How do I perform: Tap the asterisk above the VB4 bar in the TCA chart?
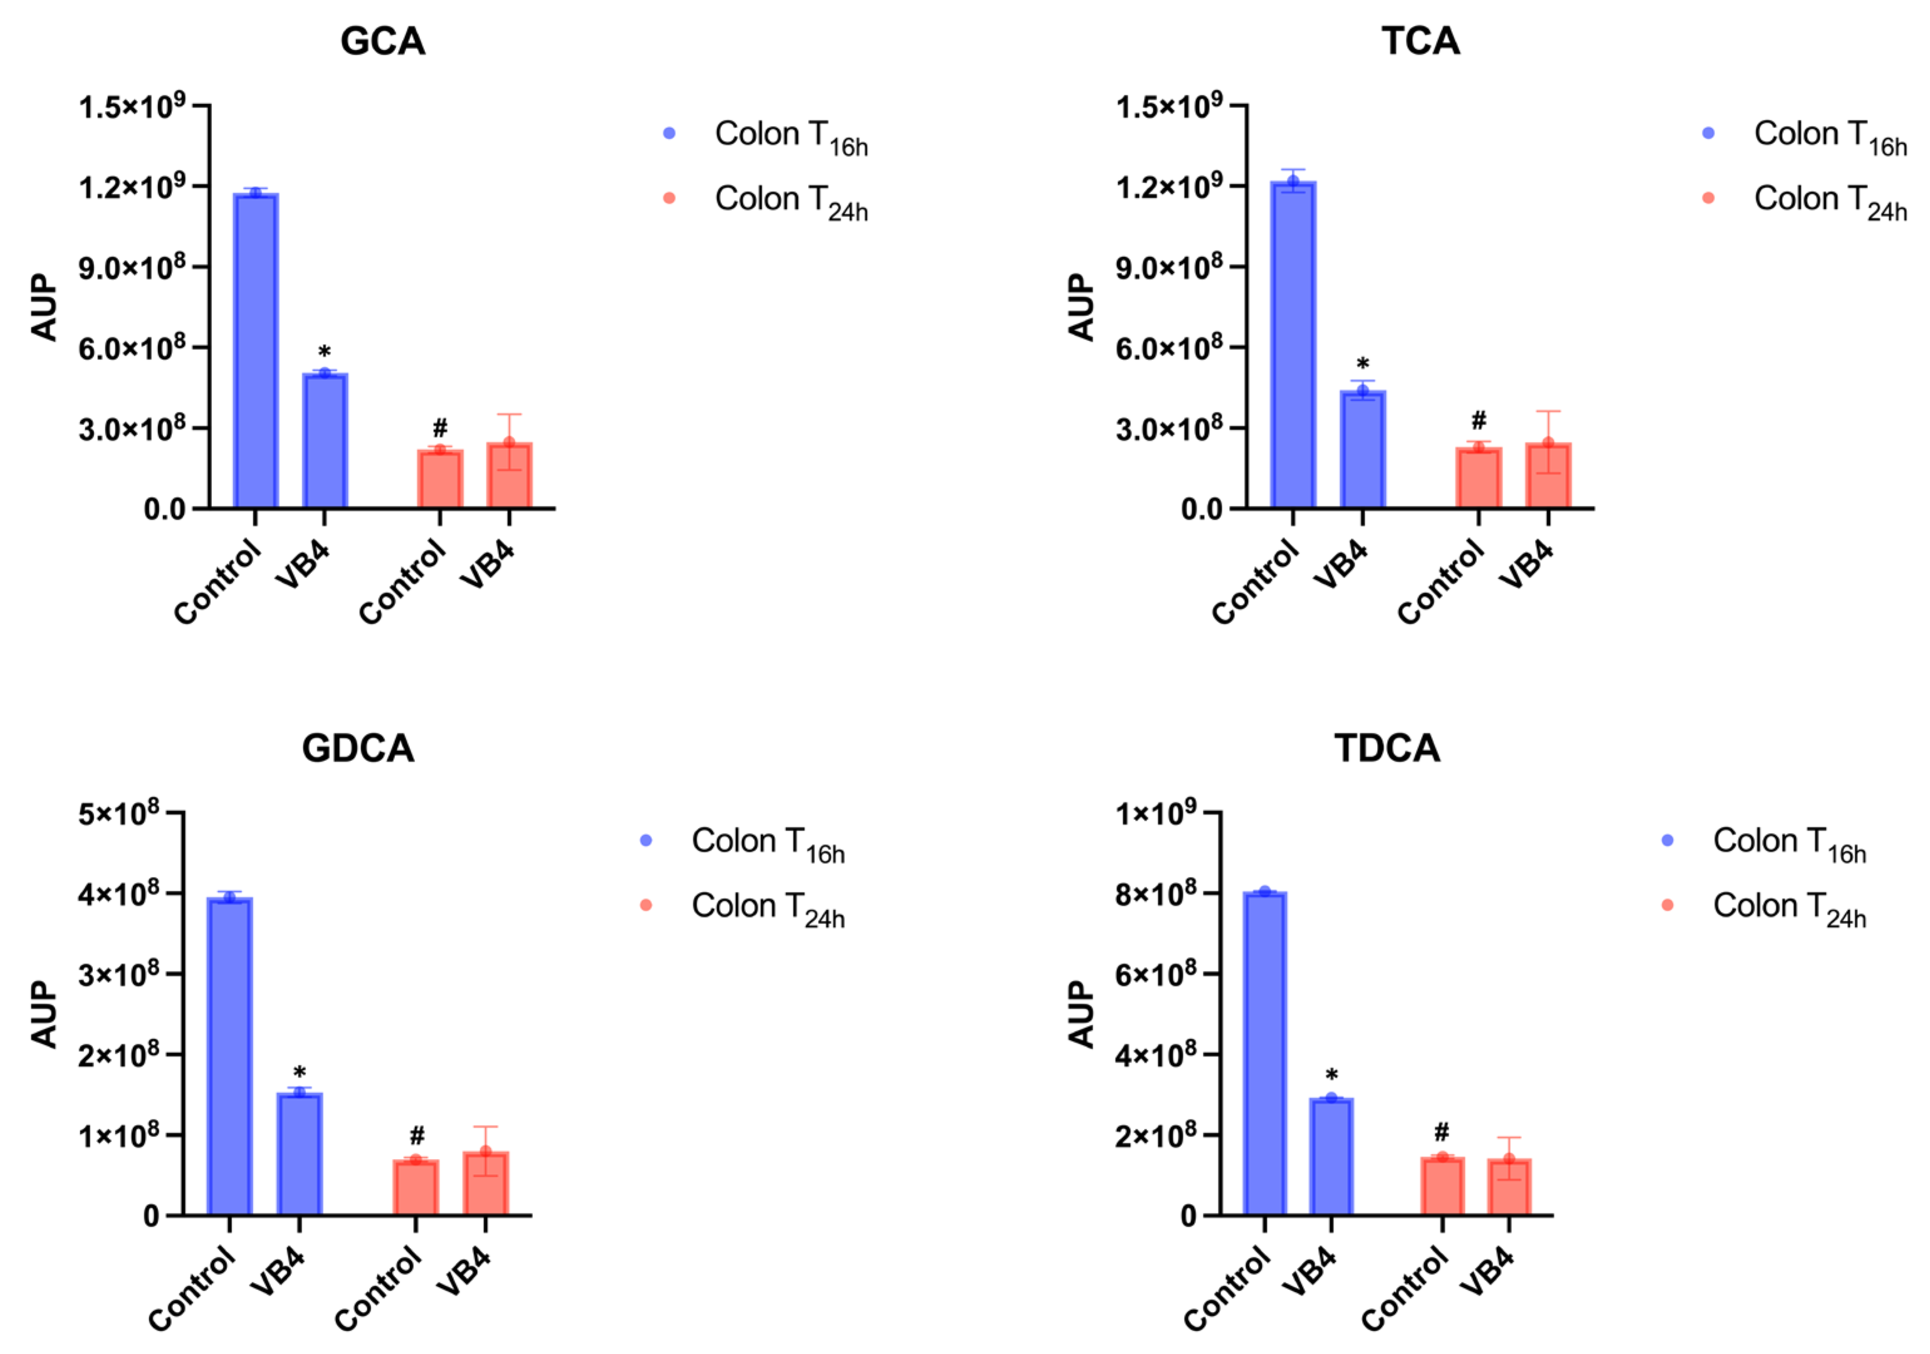tap(1363, 365)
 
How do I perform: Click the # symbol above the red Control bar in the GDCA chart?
tap(417, 1136)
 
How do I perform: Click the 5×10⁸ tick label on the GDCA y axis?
tap(118, 814)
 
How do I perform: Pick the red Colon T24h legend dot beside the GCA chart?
tap(669, 198)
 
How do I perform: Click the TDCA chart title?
tap(1387, 748)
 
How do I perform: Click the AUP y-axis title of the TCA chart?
tap(1082, 307)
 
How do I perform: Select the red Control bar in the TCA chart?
tap(1479, 479)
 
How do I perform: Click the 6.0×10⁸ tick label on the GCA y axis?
tap(131, 348)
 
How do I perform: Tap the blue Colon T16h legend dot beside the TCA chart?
tap(1708, 133)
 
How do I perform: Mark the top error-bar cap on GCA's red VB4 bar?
tap(508, 414)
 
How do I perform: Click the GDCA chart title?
tap(358, 748)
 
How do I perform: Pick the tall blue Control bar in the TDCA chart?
tap(1264, 1055)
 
